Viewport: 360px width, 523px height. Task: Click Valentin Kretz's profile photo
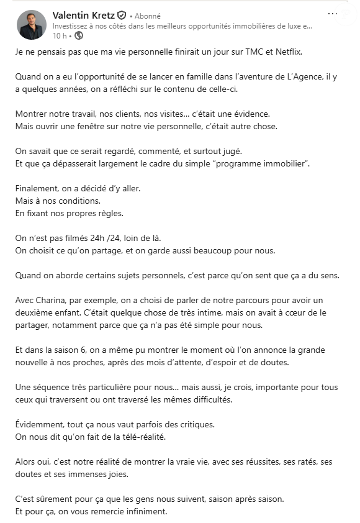click(x=31, y=25)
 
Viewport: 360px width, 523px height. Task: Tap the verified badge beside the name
click(x=122, y=16)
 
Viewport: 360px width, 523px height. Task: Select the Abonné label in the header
click(x=148, y=16)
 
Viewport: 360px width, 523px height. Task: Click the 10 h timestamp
click(x=60, y=36)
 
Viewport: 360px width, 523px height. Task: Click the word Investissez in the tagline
click(x=70, y=26)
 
